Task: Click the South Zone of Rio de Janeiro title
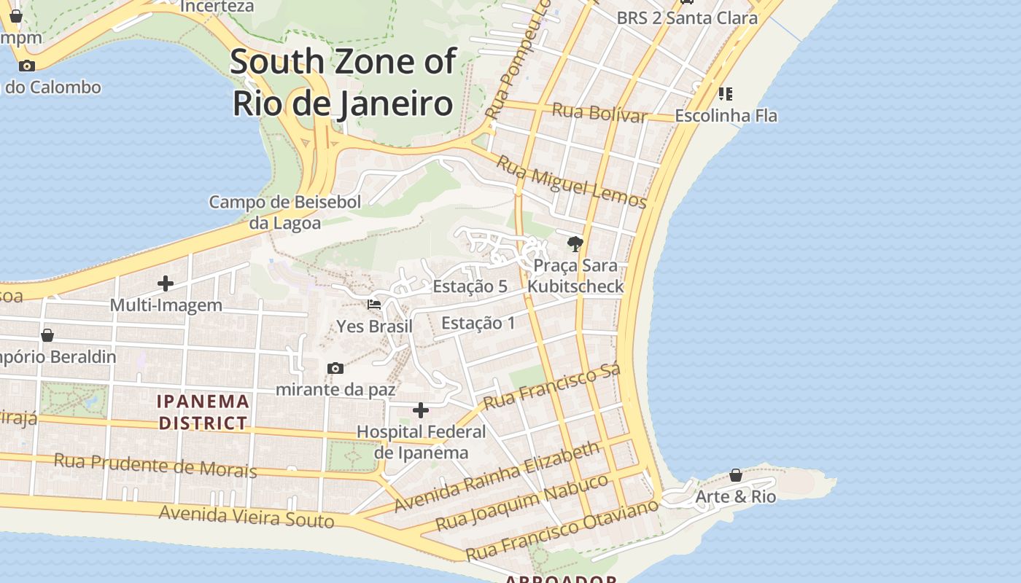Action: [x=343, y=82]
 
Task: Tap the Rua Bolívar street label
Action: [x=599, y=113]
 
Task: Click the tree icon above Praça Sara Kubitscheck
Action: [x=575, y=244]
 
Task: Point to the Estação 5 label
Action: [x=470, y=286]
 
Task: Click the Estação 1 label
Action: [x=478, y=323]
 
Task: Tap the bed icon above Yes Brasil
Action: [x=374, y=305]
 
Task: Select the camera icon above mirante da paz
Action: [x=335, y=368]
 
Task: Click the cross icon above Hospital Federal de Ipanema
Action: [x=421, y=410]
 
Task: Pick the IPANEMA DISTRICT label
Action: [x=203, y=412]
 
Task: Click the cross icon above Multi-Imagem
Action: [x=166, y=283]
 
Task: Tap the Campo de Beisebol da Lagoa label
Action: [x=285, y=212]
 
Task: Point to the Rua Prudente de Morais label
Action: [x=155, y=465]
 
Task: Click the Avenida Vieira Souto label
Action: [x=246, y=516]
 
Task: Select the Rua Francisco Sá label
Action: [x=552, y=387]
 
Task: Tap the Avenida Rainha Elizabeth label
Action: [x=497, y=477]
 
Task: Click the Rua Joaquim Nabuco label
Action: [x=521, y=503]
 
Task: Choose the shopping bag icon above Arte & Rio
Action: [x=736, y=475]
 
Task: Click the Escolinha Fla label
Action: [x=726, y=116]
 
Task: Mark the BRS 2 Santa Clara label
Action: [x=687, y=18]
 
